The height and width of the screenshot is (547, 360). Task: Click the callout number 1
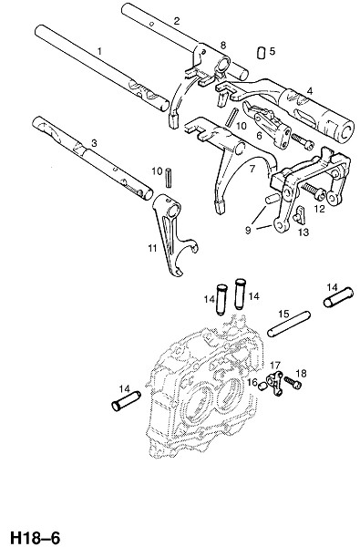click(x=99, y=52)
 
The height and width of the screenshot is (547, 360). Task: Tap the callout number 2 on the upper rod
click(x=177, y=21)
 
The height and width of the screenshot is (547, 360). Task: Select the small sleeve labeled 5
click(x=261, y=52)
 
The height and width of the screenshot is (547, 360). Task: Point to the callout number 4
click(x=310, y=91)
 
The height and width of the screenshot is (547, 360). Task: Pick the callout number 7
click(x=252, y=169)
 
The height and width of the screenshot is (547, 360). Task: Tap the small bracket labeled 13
click(x=300, y=215)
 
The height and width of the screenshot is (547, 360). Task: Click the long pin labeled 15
click(x=289, y=324)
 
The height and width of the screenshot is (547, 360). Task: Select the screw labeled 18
click(x=293, y=382)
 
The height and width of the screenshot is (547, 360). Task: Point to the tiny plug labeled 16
click(x=263, y=386)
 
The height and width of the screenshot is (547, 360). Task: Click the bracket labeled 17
click(x=275, y=384)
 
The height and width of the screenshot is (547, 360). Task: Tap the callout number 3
click(x=94, y=143)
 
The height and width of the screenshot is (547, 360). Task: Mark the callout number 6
click(x=259, y=135)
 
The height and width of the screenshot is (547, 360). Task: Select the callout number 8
click(x=223, y=45)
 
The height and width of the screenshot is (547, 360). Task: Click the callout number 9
click(x=248, y=231)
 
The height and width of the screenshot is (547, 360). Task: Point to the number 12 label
click(x=319, y=209)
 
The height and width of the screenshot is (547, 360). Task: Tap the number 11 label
click(x=152, y=248)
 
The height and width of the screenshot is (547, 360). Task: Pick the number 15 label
click(x=283, y=314)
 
